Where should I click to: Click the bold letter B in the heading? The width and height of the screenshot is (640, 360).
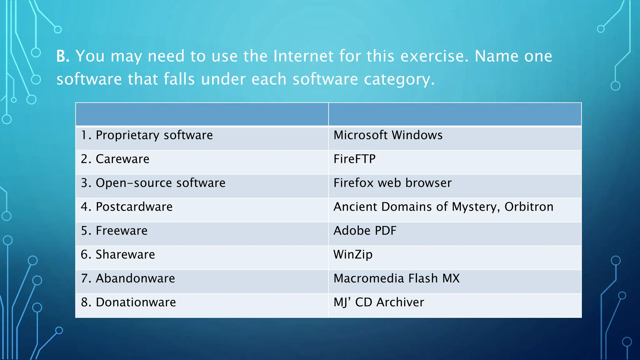pyautogui.click(x=62, y=57)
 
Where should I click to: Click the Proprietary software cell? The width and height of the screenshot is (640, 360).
pyautogui.click(x=147, y=135)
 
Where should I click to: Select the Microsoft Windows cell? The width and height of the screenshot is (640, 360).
pyautogui.click(x=388, y=135)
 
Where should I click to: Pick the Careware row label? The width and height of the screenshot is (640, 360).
pyautogui.click(x=115, y=159)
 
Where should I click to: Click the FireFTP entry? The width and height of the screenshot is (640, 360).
pyautogui.click(x=354, y=159)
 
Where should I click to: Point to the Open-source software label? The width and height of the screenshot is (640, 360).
pyautogui.click(x=153, y=183)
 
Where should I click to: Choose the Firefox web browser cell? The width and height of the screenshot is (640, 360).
pyautogui.click(x=392, y=183)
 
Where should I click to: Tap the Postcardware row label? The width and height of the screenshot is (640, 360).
pyautogui.click(x=127, y=207)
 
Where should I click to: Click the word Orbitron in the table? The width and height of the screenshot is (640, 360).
pyautogui.click(x=529, y=207)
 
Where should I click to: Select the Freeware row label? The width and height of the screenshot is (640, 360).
pyautogui.click(x=114, y=231)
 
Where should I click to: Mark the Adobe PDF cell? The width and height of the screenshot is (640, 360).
pyautogui.click(x=365, y=231)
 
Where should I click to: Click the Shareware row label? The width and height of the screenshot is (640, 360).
pyautogui.click(x=118, y=255)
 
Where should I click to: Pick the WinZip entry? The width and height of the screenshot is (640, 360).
pyautogui.click(x=353, y=255)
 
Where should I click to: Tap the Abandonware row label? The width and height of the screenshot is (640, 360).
pyautogui.click(x=128, y=278)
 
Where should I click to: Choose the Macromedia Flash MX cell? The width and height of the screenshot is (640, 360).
pyautogui.click(x=397, y=278)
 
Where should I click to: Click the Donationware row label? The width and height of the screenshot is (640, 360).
pyautogui.click(x=128, y=302)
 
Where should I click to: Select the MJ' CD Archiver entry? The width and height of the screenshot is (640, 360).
pyautogui.click(x=379, y=302)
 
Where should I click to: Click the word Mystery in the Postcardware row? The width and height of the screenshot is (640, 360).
pyautogui.click(x=475, y=207)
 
